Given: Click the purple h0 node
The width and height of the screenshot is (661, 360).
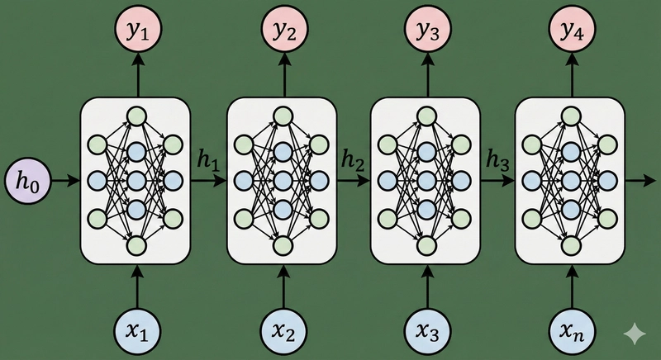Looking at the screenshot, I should pyautogui.click(x=27, y=178).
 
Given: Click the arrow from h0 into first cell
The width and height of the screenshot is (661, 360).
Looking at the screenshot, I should pyautogui.click(x=63, y=178).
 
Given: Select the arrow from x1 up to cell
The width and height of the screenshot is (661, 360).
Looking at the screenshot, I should pyautogui.click(x=137, y=283).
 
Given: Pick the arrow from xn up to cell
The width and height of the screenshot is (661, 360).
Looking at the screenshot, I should pyautogui.click(x=571, y=283).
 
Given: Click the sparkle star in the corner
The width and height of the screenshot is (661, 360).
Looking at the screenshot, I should pyautogui.click(x=635, y=333).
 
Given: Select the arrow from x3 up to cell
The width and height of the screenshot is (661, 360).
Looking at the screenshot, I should pyautogui.click(x=427, y=283).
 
